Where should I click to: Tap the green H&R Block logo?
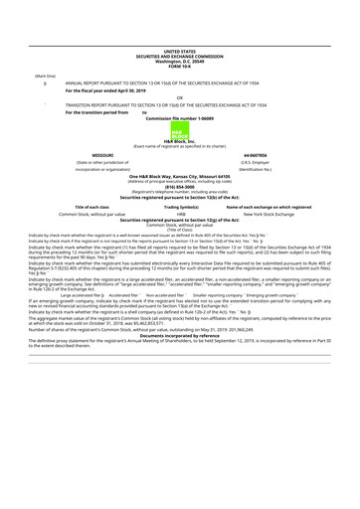180,132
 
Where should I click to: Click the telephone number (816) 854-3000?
180,188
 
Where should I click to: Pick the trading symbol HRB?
180,214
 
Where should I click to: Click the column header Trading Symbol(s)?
180,206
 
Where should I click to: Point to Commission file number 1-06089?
180,118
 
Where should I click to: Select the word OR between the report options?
180,97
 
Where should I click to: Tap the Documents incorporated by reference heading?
180,333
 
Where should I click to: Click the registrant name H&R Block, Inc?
180,143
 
